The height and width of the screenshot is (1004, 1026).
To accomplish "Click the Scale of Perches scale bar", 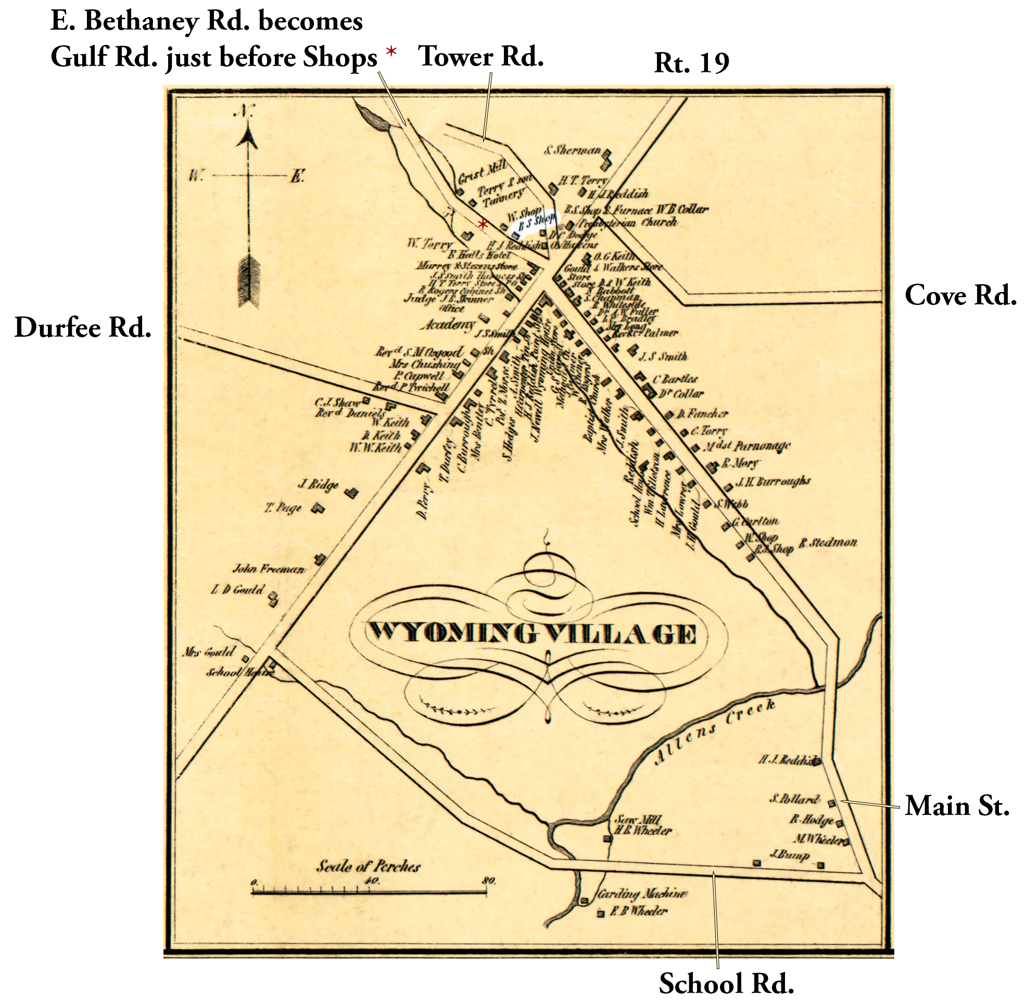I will click(x=369, y=892).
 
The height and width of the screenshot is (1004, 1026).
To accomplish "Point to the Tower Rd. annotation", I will click(x=480, y=56).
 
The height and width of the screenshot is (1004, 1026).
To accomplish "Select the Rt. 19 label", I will click(x=691, y=63).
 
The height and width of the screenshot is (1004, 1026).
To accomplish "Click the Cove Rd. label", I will click(x=960, y=295).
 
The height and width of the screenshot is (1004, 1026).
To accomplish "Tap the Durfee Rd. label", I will click(x=83, y=327).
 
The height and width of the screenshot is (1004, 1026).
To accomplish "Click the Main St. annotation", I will click(x=957, y=806).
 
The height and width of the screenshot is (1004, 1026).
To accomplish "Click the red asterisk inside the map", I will click(x=482, y=225).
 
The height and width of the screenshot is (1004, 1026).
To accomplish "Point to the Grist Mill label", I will click(x=482, y=172).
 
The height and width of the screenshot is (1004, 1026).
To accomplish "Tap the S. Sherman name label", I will click(x=573, y=150).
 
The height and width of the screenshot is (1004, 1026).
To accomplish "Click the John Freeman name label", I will click(x=269, y=569).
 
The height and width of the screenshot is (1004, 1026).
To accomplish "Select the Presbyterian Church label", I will click(x=628, y=223).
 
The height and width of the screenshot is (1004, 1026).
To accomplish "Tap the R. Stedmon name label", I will click(x=827, y=543).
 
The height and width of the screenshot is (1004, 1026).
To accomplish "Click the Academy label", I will click(x=448, y=325).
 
